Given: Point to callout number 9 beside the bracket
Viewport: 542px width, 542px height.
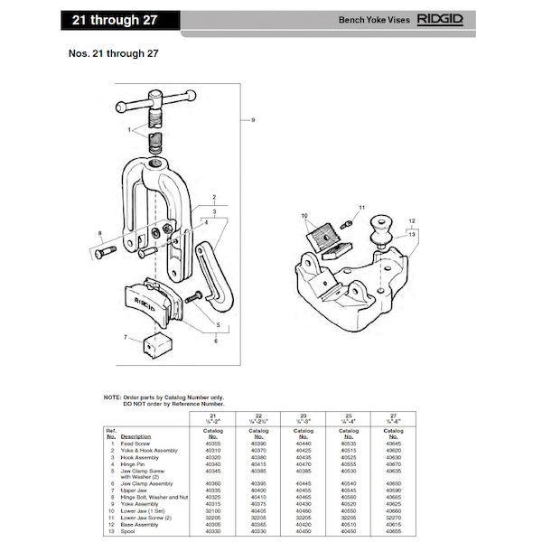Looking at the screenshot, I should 254,120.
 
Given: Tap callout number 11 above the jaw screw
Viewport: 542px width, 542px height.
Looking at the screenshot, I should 361,208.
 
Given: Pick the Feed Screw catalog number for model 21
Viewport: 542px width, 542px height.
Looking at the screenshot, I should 213,444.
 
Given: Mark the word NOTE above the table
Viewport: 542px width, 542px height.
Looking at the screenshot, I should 112,397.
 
